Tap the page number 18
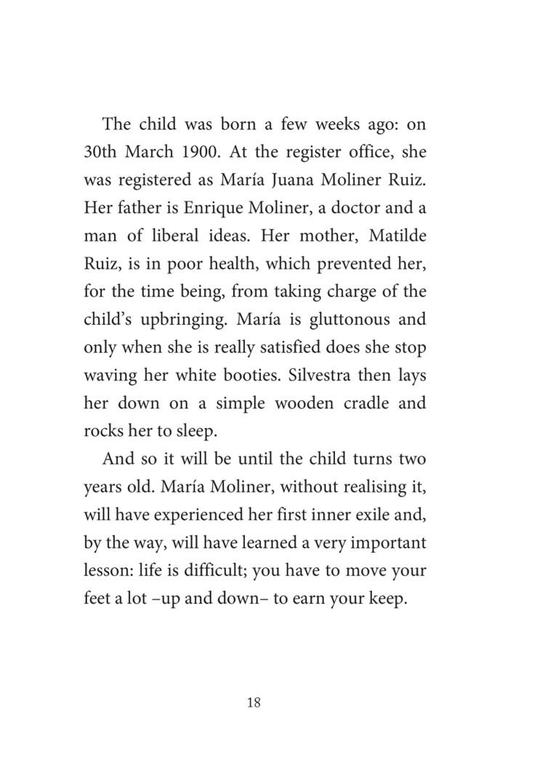[254, 702]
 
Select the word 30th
[103, 153]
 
